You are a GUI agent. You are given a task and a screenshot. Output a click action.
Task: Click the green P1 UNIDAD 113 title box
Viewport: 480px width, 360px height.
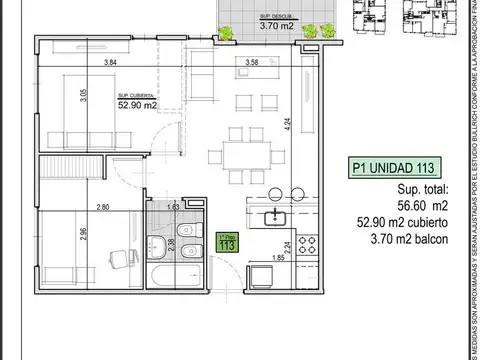401,169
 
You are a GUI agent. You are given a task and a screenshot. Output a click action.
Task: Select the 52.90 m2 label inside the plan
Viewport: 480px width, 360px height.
135,103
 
